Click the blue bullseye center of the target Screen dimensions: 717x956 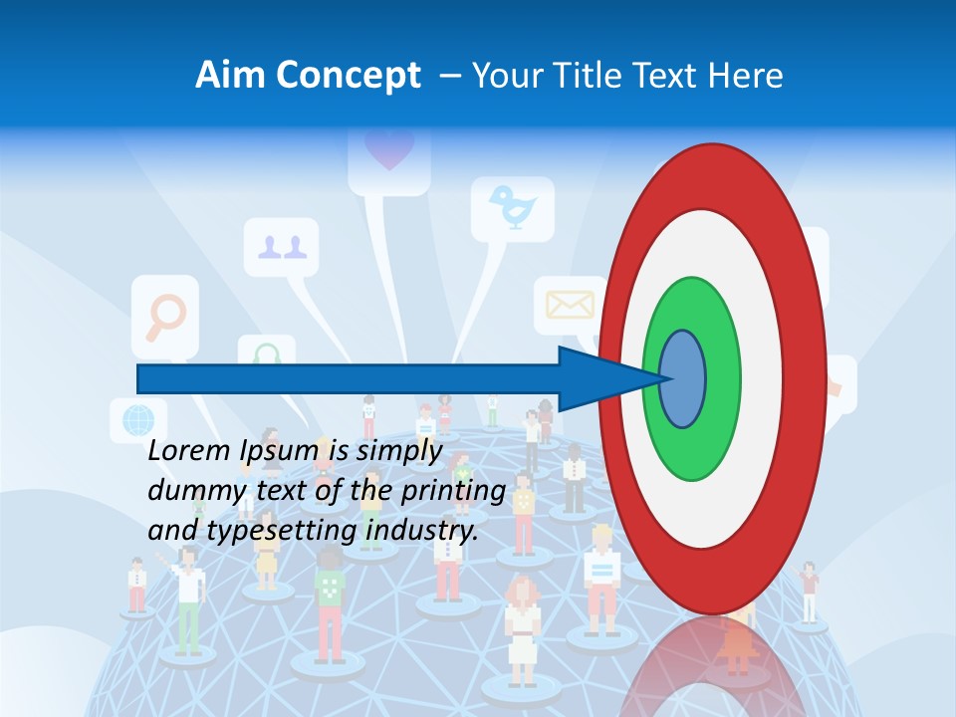(682, 378)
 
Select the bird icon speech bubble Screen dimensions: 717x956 (513, 207)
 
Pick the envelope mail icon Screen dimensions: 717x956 (570, 305)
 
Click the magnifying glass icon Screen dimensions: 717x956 (165, 317)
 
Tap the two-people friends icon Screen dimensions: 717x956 (281, 246)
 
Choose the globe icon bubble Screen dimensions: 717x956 (138, 420)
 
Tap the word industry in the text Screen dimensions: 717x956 (422, 531)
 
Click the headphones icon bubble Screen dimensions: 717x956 (267, 353)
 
